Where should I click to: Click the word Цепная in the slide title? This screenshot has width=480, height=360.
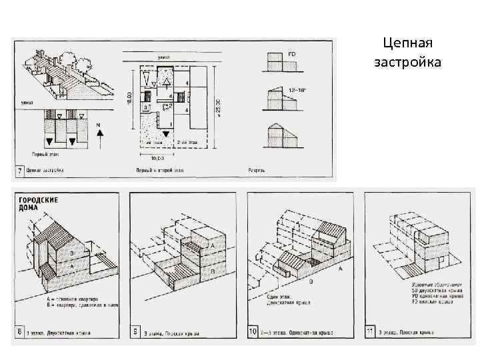coord(409,44)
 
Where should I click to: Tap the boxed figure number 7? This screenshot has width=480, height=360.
coord(20,171)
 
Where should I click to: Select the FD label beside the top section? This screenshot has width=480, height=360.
coord(292,53)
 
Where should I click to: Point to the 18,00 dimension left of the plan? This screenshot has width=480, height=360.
coord(129,97)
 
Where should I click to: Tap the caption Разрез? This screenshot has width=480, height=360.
coord(257,171)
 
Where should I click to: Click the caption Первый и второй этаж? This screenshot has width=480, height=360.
coord(161,171)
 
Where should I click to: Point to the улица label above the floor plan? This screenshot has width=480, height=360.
coord(163,58)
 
